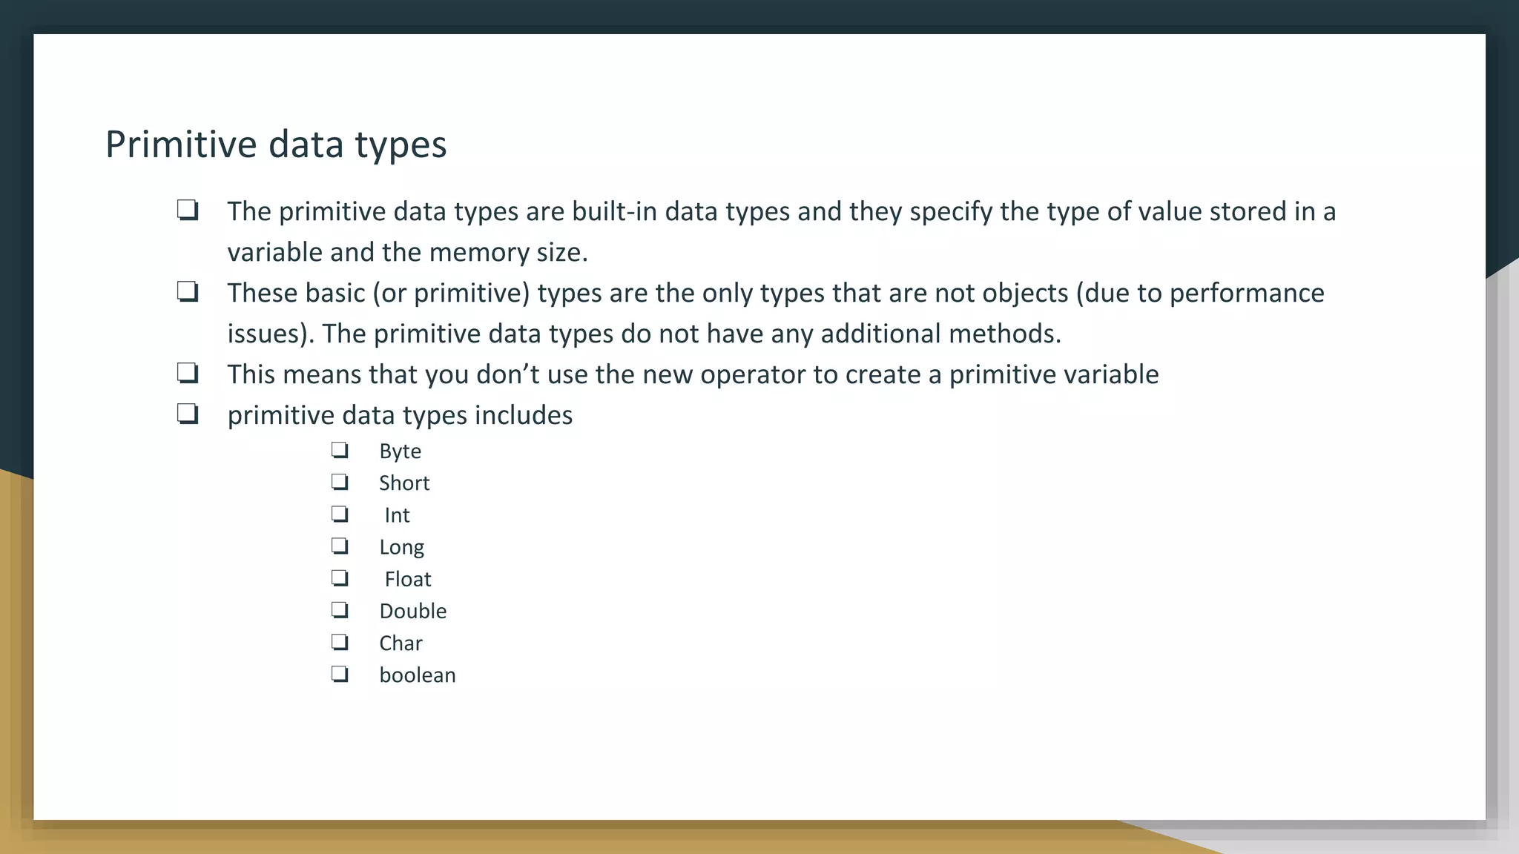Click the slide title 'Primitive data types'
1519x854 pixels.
coord(276,144)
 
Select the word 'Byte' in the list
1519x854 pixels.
coord(400,451)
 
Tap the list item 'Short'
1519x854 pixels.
coord(404,483)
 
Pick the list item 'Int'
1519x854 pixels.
coord(397,515)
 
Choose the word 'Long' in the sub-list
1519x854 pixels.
coord(401,547)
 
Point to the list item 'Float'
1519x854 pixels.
coord(407,579)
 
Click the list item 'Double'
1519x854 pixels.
coord(412,611)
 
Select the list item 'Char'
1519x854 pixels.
coord(401,643)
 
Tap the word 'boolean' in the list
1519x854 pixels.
coord(418,675)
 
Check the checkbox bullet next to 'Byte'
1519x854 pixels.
coord(340,450)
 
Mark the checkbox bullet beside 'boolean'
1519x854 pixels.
coord(340,674)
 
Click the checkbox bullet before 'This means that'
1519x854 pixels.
coord(188,373)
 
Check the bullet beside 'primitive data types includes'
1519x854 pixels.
coord(188,414)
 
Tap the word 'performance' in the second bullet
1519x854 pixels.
coord(1247,294)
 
